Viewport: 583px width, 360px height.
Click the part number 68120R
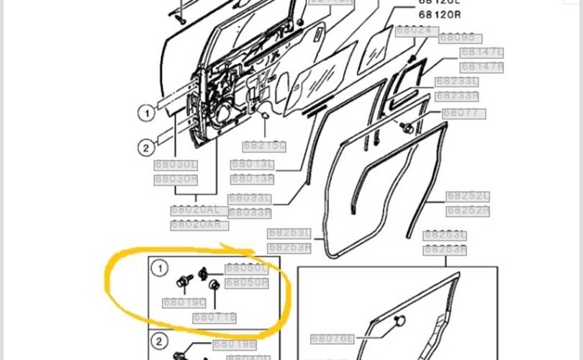click(440, 14)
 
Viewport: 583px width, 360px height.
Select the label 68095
click(460, 38)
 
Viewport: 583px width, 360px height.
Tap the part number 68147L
click(482, 53)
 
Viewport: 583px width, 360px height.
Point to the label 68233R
click(457, 96)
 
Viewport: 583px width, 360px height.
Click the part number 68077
click(464, 114)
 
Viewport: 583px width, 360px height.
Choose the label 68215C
click(264, 146)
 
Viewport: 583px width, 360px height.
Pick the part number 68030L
click(176, 165)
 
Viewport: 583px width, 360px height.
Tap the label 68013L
click(253, 165)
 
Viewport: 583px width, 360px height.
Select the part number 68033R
click(250, 212)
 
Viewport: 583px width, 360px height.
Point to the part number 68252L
click(468, 197)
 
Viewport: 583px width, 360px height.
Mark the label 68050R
click(247, 283)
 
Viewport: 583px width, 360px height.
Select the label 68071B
click(214, 317)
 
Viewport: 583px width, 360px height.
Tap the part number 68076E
click(333, 338)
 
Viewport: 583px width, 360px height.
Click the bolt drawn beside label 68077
click(408, 128)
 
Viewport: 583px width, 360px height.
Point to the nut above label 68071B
click(214, 285)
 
